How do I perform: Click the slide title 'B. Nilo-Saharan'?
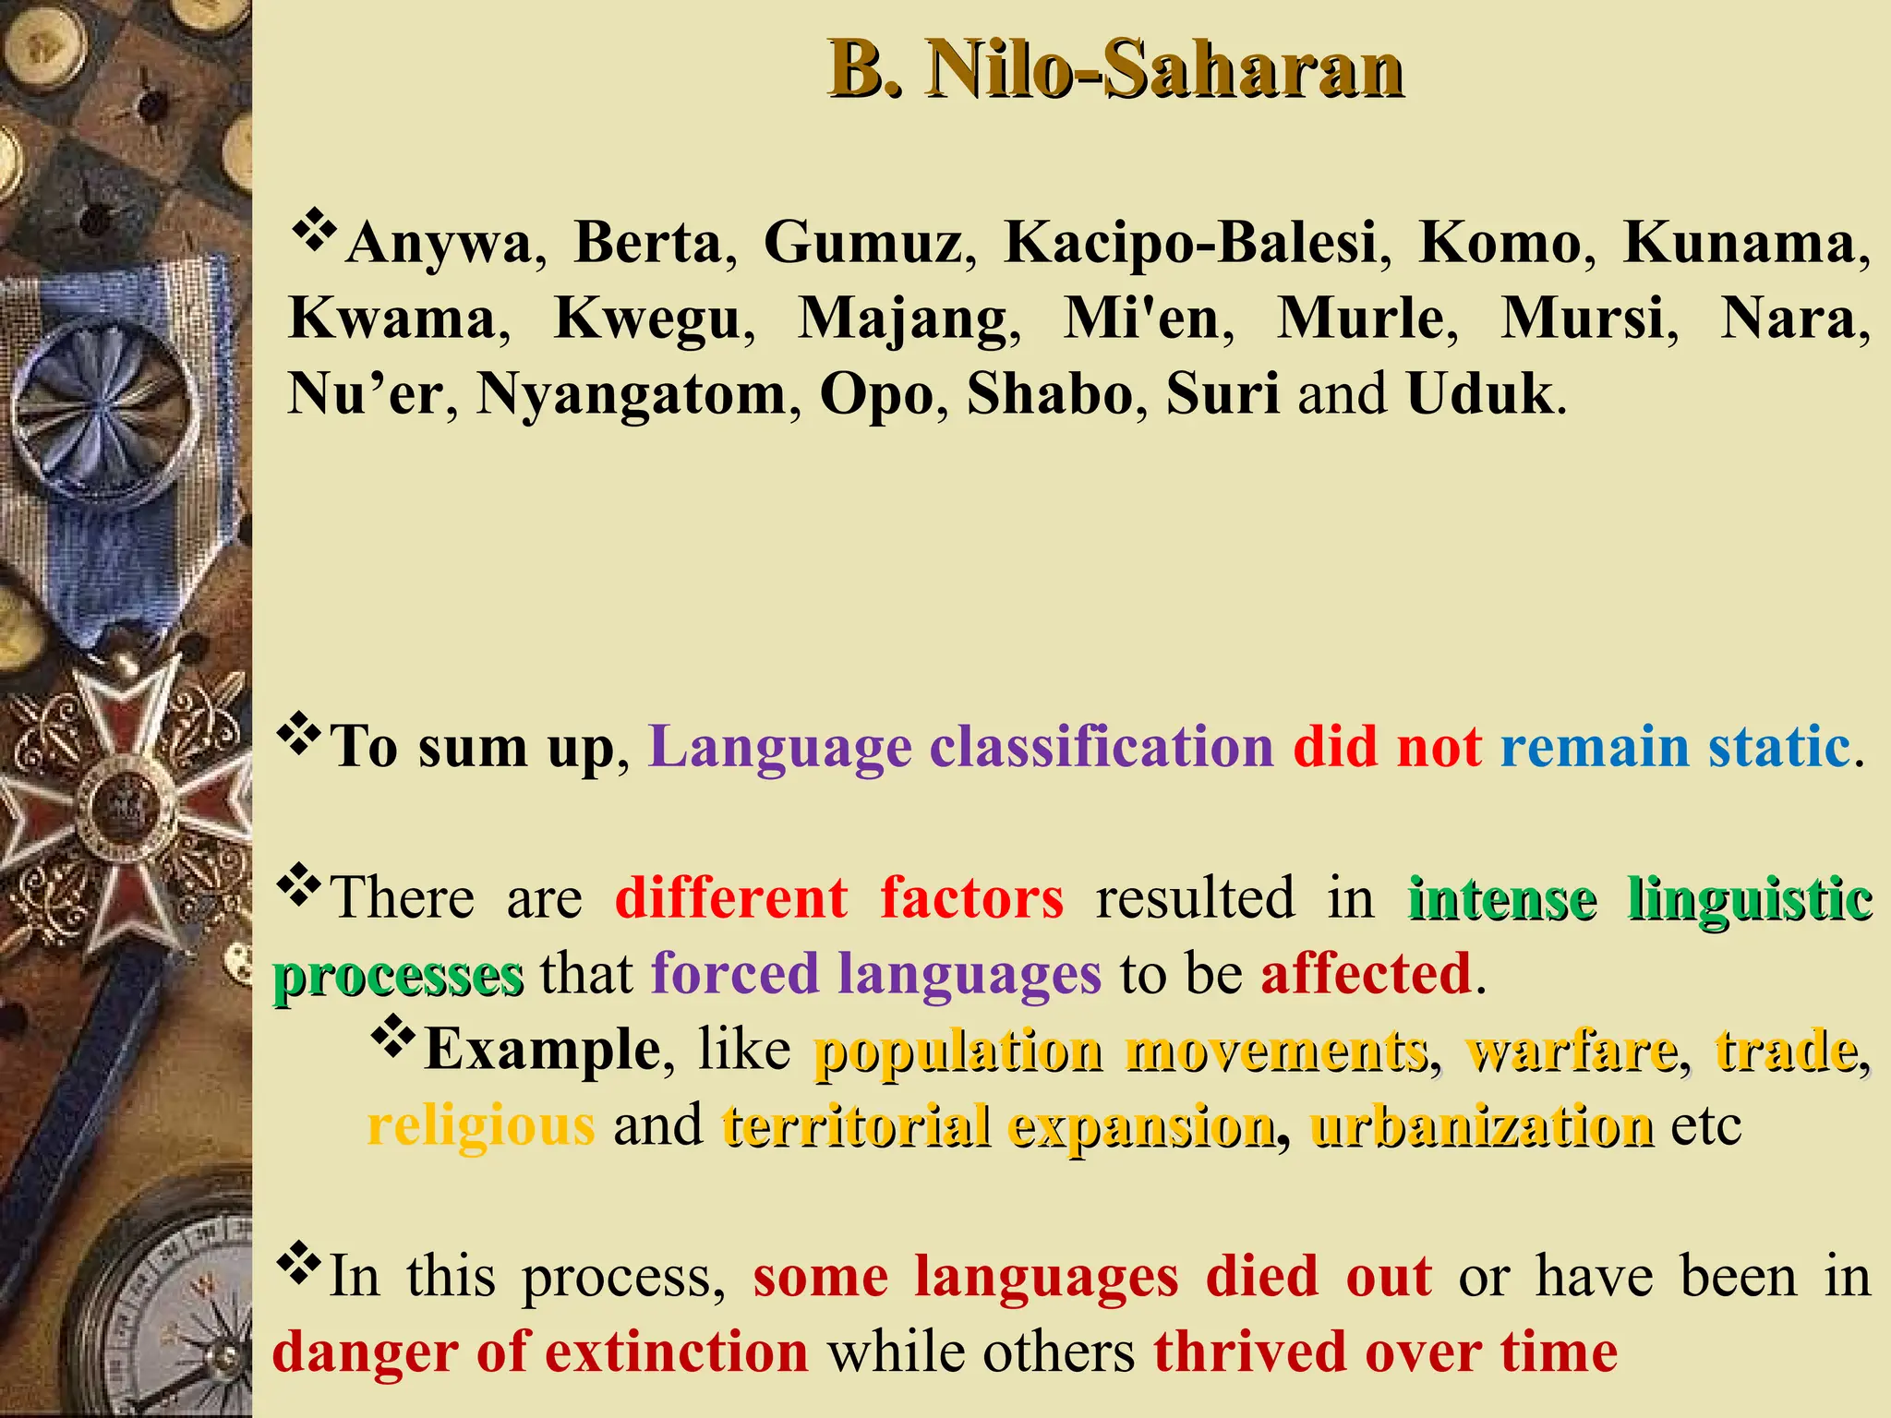[1115, 69]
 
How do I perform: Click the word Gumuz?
[862, 243]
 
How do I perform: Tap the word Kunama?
[1740, 243]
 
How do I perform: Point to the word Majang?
[902, 320]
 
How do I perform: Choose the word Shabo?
[1049, 394]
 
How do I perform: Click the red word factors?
[971, 897]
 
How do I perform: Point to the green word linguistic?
[1749, 897]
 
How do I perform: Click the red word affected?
[1366, 973]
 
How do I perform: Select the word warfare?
[1571, 1050]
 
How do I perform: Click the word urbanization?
[1481, 1125]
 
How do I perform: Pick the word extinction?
[677, 1352]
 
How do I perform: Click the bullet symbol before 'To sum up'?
[298, 737]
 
